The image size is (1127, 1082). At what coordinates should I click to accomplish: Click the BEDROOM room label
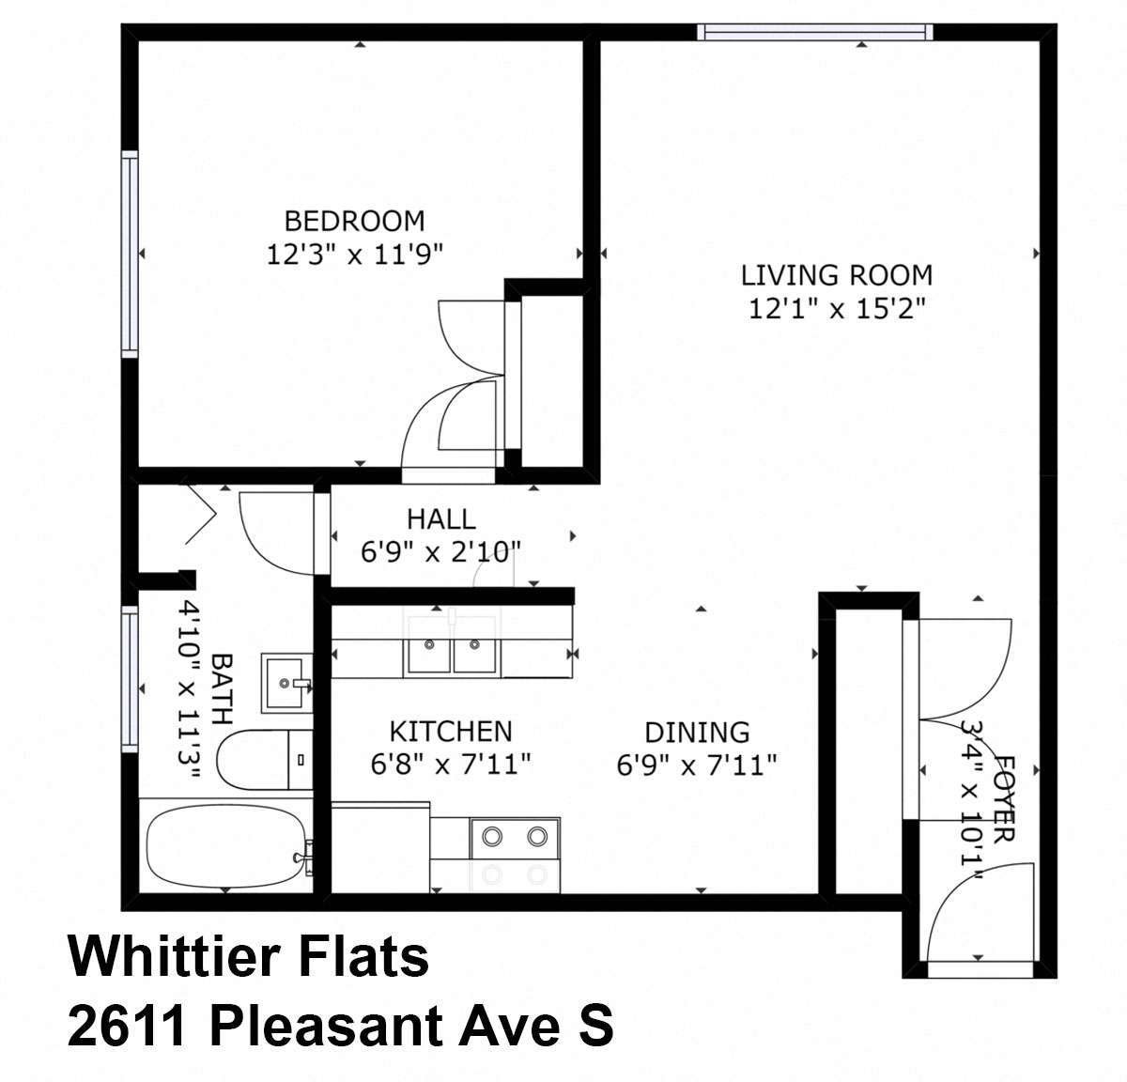[354, 221]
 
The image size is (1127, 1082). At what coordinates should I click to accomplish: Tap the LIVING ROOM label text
[837, 275]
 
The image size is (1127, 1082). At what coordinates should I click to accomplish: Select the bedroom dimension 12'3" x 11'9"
[354, 254]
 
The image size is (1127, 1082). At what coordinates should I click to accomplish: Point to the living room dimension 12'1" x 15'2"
[837, 308]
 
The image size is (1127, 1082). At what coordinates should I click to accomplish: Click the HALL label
[440, 518]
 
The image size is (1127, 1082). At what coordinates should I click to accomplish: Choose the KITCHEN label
[451, 731]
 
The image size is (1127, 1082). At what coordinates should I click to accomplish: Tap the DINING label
[697, 732]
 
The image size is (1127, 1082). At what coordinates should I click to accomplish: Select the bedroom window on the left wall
[130, 254]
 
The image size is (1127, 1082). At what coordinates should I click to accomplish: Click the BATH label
[222, 690]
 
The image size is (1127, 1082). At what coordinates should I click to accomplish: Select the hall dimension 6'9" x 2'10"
[440, 551]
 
